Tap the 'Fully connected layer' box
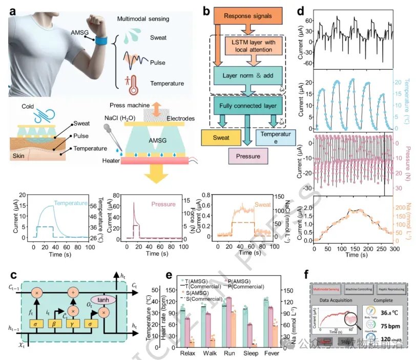(x=248, y=106)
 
